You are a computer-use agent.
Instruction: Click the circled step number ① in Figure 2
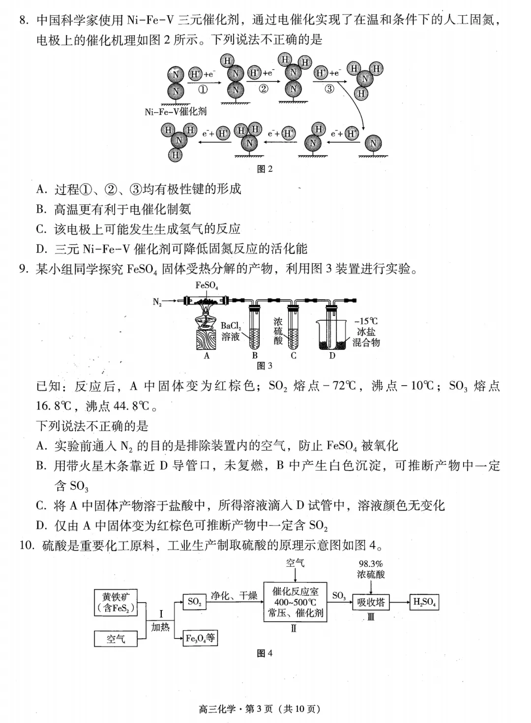pos(203,89)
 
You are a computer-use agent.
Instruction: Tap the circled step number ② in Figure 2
pos(264,89)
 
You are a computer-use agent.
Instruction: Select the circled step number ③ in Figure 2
pos(329,89)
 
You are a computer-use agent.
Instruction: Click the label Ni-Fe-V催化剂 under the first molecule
pos(176,111)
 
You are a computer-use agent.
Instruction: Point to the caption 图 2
pos(265,169)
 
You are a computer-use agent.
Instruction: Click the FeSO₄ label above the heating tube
pos(206,285)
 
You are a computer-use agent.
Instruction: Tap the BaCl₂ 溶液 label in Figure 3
pos(231,331)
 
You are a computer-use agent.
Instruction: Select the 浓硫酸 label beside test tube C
pos(278,331)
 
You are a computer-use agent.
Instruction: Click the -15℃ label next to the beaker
pos(366,321)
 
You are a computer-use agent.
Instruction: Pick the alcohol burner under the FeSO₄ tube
pos(206,324)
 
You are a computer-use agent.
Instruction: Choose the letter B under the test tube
pos(255,356)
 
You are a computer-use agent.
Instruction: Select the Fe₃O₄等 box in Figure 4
pos(200,639)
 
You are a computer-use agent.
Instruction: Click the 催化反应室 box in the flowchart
pos(295,602)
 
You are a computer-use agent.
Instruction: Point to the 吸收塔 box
pos(371,602)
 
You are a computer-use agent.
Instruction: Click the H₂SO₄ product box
pos(424,602)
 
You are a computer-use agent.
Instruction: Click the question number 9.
pos(23,269)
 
